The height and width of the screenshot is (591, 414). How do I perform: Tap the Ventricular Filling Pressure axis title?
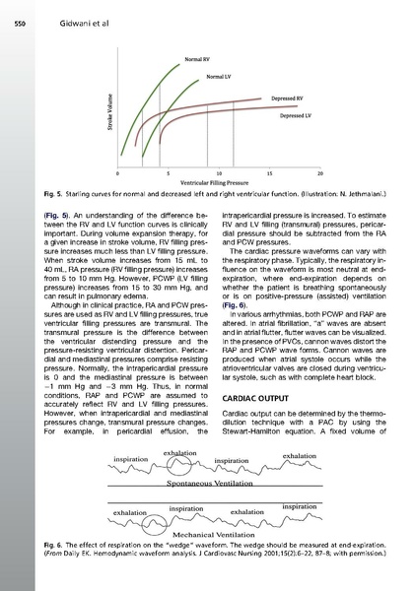pos(216,182)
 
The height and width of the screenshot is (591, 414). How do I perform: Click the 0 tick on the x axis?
pos(116,171)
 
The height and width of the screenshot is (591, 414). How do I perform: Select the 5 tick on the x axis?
pos(167,171)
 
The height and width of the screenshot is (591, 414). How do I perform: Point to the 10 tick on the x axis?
pos(217,171)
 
